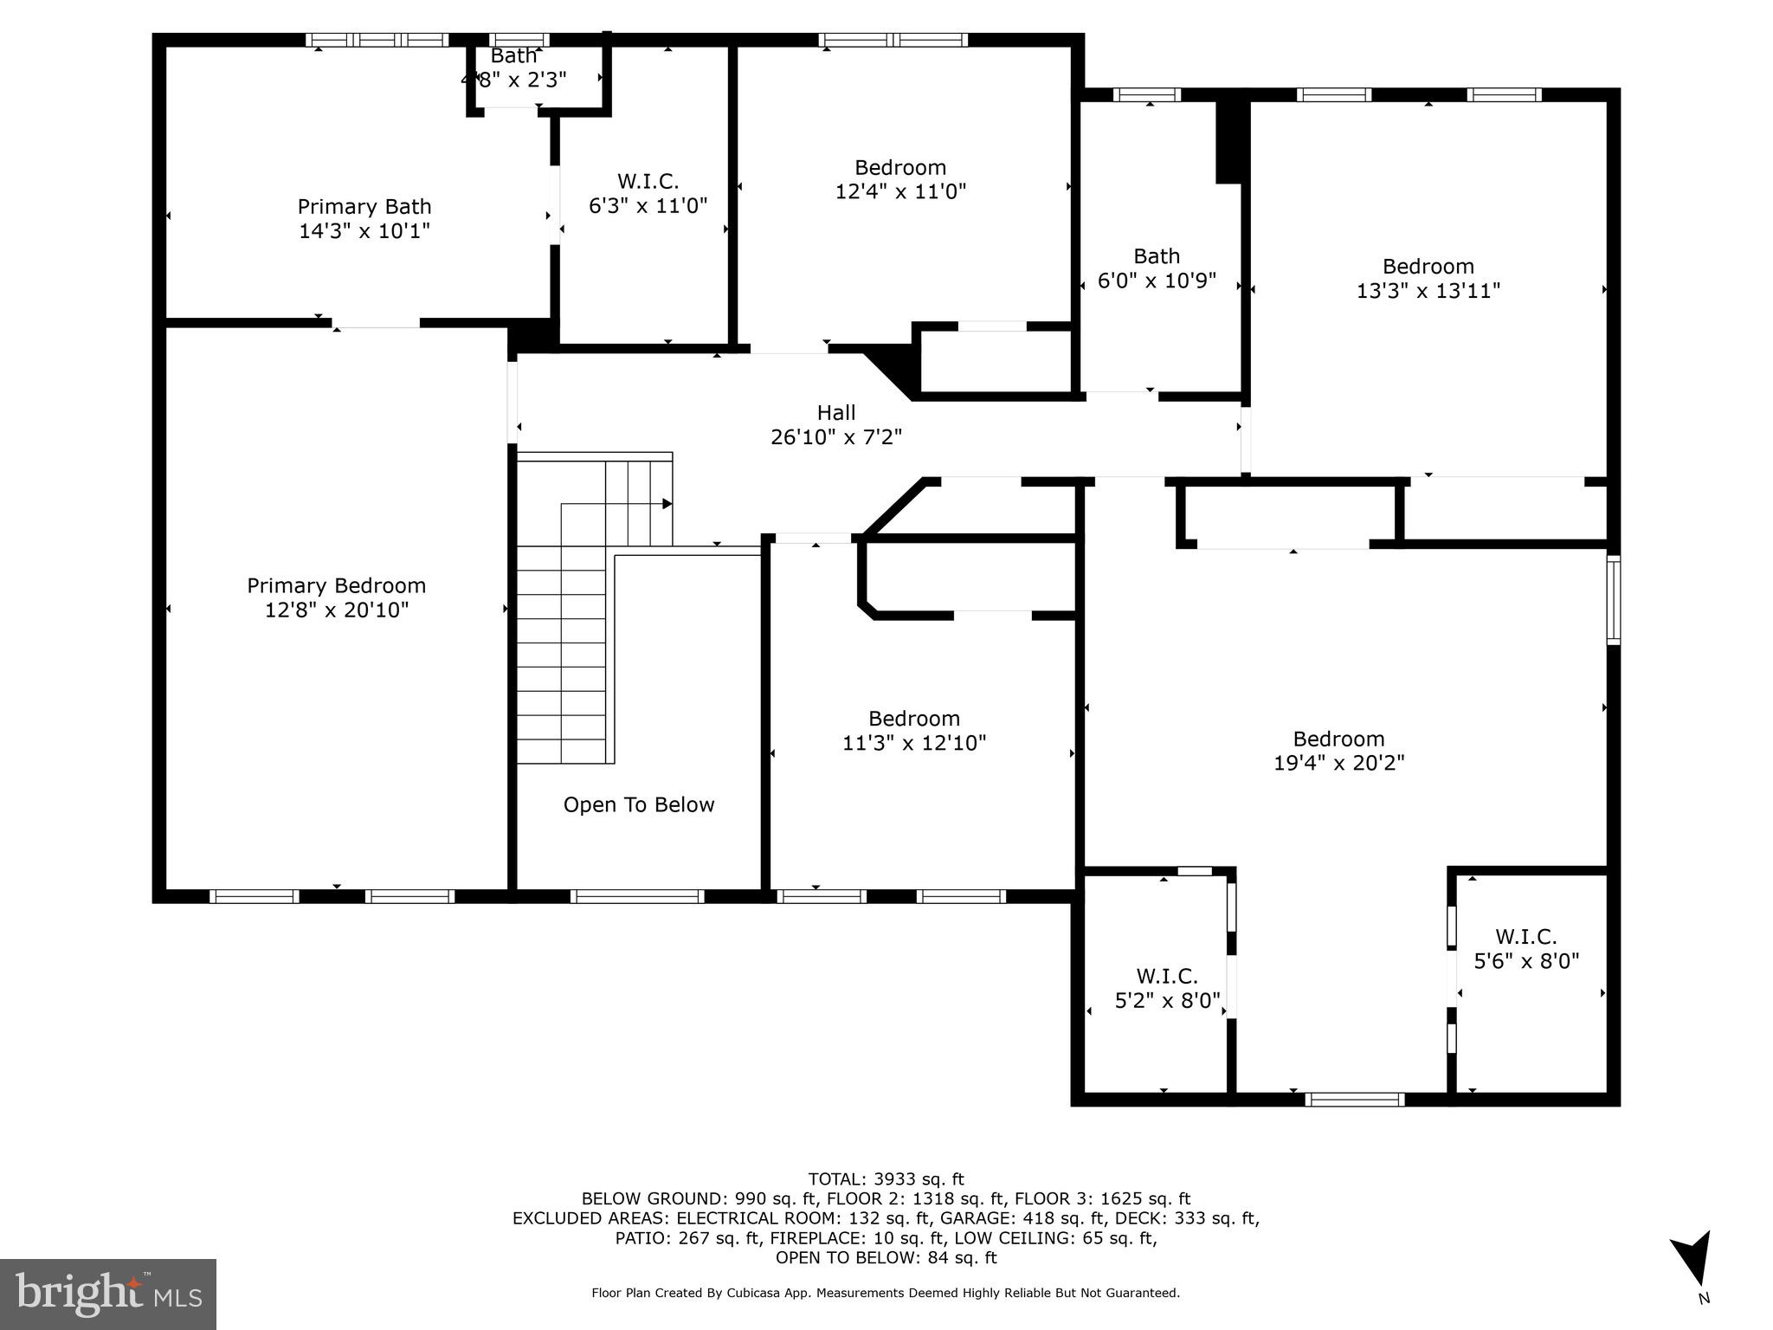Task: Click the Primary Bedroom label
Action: click(x=336, y=586)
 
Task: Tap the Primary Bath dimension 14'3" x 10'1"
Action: click(x=364, y=231)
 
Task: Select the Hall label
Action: click(x=835, y=413)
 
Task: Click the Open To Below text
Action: click(x=639, y=805)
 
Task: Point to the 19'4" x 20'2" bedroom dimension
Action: click(x=1338, y=763)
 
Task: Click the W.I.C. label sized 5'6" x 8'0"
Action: click(x=1525, y=937)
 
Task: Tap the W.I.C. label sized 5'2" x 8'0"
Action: click(x=1166, y=977)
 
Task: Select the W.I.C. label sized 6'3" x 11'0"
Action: click(x=648, y=182)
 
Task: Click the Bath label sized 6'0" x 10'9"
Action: click(x=1157, y=256)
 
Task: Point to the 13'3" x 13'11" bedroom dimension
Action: click(x=1428, y=291)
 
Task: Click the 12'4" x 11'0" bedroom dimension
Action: click(x=900, y=191)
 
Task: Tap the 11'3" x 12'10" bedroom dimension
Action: click(x=914, y=743)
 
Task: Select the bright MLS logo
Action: click(x=108, y=1294)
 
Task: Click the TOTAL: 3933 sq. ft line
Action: click(x=886, y=1178)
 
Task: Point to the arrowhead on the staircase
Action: click(x=667, y=504)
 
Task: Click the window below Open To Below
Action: click(x=636, y=896)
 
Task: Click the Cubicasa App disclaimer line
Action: click(x=886, y=1293)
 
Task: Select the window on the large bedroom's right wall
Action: click(x=1613, y=600)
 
